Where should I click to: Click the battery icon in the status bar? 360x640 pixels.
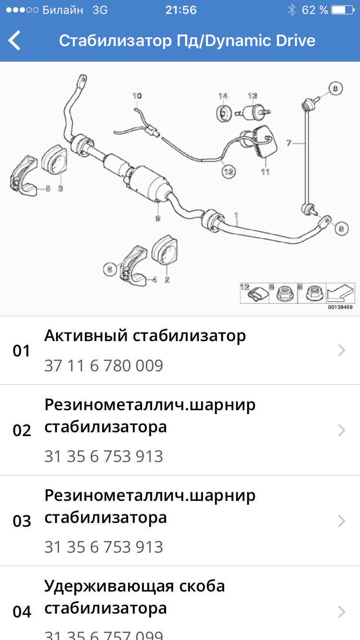tap(345, 10)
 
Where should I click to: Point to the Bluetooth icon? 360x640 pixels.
tap(291, 10)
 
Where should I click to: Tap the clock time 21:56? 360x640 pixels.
tap(180, 10)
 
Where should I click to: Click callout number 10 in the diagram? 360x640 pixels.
tap(137, 96)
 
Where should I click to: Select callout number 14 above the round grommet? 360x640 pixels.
tap(223, 96)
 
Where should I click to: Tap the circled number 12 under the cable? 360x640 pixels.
tap(228, 171)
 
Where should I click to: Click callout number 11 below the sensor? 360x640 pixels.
tap(265, 171)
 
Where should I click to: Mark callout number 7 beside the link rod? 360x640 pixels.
tap(288, 142)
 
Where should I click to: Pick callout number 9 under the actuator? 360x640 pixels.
tap(157, 219)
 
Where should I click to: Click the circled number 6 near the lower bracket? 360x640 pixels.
tap(109, 270)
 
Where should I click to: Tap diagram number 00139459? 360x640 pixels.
tap(340, 307)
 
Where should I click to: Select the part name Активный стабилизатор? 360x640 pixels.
tap(145, 336)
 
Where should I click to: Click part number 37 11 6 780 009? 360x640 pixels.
tap(104, 366)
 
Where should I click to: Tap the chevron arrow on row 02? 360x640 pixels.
tap(342, 430)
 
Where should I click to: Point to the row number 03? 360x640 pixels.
tap(22, 521)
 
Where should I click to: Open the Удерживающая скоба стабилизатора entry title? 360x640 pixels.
tap(134, 597)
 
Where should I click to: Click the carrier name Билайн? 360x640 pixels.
tap(62, 10)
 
